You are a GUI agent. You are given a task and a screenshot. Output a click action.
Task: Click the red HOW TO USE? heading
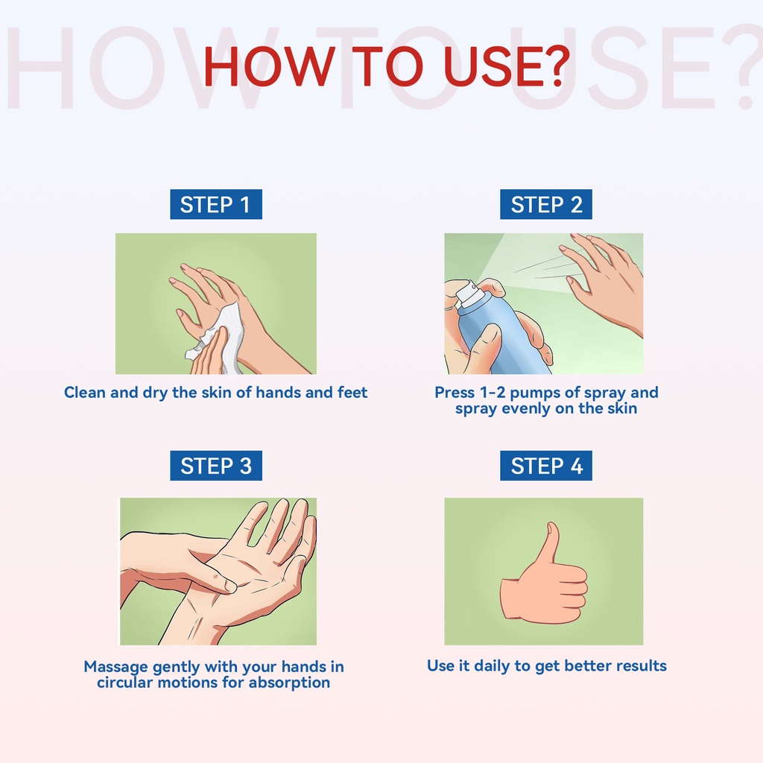[x=386, y=66]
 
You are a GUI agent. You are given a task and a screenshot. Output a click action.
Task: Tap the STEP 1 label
[x=215, y=204]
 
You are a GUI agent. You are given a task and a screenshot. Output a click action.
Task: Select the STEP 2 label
[x=546, y=204]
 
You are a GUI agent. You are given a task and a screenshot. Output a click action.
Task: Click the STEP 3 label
[x=215, y=466]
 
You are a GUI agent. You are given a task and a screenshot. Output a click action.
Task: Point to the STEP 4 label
[x=546, y=466]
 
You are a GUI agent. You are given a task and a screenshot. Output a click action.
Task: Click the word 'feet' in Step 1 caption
[x=352, y=392]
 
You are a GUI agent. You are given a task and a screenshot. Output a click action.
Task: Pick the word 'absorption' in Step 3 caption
[x=289, y=683]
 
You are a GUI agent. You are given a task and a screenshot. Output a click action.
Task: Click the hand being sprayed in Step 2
[x=604, y=282]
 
